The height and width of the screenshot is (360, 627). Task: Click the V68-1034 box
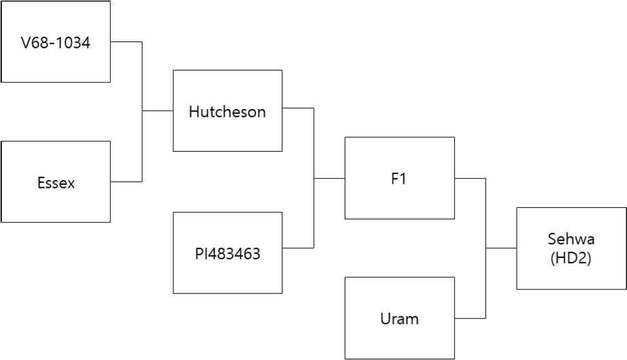(x=55, y=41)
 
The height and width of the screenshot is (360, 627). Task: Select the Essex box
(x=55, y=181)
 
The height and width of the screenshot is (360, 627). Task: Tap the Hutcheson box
(x=227, y=111)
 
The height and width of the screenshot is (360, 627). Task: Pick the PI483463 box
(x=227, y=253)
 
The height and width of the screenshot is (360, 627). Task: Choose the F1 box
(x=400, y=178)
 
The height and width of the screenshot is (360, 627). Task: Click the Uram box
(x=400, y=318)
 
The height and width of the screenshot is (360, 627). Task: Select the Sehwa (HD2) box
(x=572, y=249)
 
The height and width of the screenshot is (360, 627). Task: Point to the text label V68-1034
(x=55, y=43)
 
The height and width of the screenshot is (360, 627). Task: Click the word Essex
(x=56, y=183)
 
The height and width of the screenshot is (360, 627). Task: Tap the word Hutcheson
(x=227, y=111)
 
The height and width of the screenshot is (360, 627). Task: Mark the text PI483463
(x=227, y=254)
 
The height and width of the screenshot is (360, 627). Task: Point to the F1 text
(x=399, y=179)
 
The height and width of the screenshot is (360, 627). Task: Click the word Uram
(x=400, y=319)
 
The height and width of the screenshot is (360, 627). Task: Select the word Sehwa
(x=571, y=239)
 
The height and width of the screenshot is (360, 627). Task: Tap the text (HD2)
(x=570, y=258)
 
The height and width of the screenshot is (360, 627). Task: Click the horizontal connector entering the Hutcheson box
(x=157, y=110)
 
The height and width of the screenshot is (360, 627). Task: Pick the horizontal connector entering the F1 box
(x=329, y=178)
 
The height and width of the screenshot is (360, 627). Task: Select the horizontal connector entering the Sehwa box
(x=501, y=248)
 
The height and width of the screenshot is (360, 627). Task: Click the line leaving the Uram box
(x=470, y=318)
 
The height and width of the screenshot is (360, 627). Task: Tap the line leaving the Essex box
(x=127, y=181)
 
